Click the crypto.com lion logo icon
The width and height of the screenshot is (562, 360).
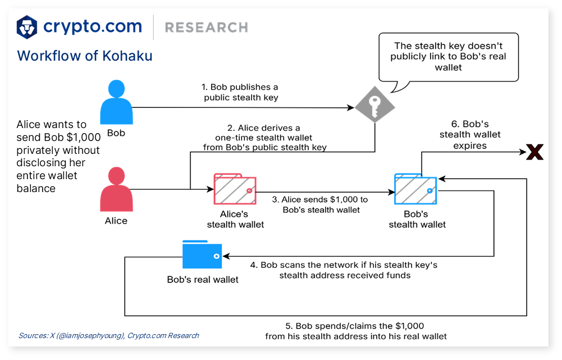(x=27, y=27)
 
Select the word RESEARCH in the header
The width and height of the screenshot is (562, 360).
(x=207, y=28)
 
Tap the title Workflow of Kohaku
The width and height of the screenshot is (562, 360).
(x=85, y=56)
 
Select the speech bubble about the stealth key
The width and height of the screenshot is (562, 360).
(x=447, y=57)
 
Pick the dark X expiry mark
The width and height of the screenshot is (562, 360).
(x=534, y=152)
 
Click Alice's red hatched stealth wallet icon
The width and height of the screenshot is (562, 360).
(x=235, y=190)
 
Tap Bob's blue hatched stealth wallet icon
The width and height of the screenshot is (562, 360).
(x=416, y=190)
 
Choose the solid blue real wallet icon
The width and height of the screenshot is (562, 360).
(x=202, y=256)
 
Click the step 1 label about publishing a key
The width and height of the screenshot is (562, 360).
(x=240, y=92)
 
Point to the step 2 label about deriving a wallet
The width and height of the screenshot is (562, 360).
(x=264, y=138)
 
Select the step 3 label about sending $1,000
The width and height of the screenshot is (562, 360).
(x=320, y=204)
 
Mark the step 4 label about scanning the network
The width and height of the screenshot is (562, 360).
(x=344, y=270)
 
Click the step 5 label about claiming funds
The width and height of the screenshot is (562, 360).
(x=356, y=331)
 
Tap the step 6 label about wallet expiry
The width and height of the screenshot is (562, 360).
(x=470, y=134)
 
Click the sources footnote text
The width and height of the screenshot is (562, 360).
(x=109, y=335)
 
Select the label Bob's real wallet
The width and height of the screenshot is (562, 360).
(x=203, y=279)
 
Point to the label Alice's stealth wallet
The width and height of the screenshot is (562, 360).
(x=235, y=219)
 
